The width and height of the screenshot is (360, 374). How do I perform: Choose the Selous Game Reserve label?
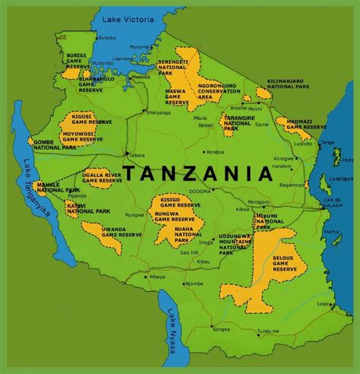point(285,262)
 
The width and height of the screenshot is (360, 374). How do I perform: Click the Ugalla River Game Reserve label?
point(102,179)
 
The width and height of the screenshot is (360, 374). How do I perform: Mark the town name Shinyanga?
point(159,113)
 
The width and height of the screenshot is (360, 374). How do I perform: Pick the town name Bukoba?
point(107,37)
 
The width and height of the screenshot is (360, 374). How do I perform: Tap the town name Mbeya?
point(157,277)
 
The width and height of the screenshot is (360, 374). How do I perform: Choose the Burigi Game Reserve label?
point(77,61)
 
